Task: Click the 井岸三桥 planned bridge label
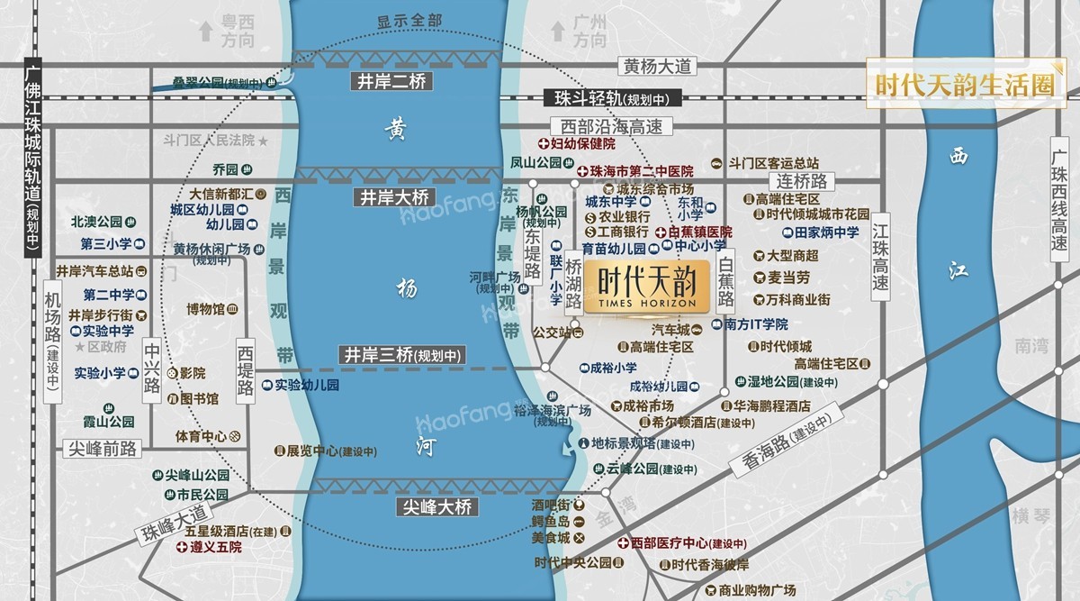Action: point(401,356)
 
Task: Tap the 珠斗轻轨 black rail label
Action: point(612,99)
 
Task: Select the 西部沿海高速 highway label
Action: point(598,127)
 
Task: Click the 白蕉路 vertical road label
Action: point(725,280)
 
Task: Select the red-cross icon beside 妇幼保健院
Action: point(544,144)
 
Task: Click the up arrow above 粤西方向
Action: point(207,32)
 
